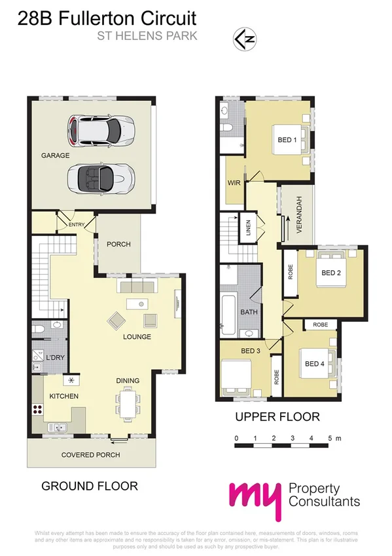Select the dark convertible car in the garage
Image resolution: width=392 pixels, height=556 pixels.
[x=101, y=176]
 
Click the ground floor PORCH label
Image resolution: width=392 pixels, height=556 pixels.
[x=118, y=245]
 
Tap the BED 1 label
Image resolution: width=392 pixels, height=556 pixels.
[x=287, y=140]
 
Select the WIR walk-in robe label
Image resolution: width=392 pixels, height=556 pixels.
[x=234, y=182]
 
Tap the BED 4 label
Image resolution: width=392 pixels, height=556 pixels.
[x=314, y=364]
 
